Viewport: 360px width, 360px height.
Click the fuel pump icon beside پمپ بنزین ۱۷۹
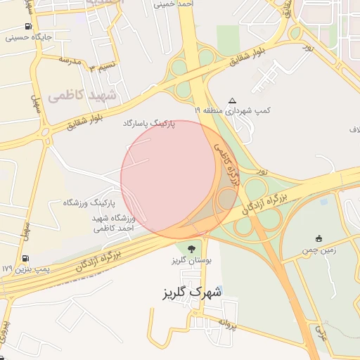click(x=26, y=259)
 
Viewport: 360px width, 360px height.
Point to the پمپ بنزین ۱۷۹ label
click(x=26, y=269)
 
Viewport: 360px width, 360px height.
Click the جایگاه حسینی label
click(x=25, y=37)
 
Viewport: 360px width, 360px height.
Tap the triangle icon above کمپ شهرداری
click(x=233, y=101)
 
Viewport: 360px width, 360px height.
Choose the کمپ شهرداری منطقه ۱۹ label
click(x=233, y=111)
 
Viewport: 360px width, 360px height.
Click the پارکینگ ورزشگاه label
click(x=89, y=202)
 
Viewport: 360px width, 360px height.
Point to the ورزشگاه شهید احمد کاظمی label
click(x=112, y=224)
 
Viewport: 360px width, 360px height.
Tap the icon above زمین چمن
click(x=319, y=238)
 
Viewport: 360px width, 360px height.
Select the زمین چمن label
click(x=319, y=250)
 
